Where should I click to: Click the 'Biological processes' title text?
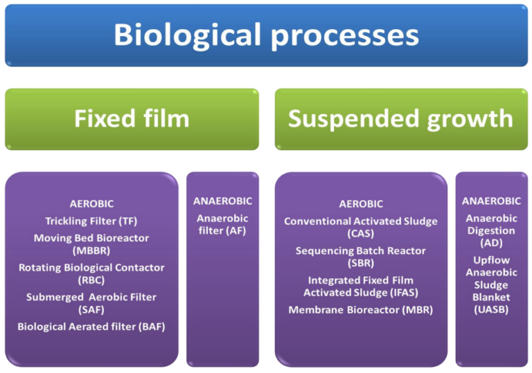point(266,35)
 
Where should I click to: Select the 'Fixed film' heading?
point(132,118)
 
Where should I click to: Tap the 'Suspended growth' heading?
point(400,118)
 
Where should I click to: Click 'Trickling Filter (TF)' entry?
point(91,221)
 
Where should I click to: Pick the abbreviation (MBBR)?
point(91,251)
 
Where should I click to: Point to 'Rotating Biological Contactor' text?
point(91,267)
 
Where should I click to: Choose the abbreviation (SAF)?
point(91,310)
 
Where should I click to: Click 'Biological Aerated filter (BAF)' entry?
point(91,326)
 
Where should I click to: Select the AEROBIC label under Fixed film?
point(91,203)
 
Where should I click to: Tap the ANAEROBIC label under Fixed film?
point(222,201)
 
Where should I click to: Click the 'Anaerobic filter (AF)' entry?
point(222,224)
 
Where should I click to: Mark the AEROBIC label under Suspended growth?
point(360,204)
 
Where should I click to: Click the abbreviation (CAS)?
point(360,234)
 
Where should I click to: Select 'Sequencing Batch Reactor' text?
point(360,251)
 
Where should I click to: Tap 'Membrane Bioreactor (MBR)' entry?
point(360,309)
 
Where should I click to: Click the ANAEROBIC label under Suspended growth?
point(491,201)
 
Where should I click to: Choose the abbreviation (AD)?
point(491,243)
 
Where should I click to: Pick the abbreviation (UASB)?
point(491,309)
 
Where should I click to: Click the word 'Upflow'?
point(491,260)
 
